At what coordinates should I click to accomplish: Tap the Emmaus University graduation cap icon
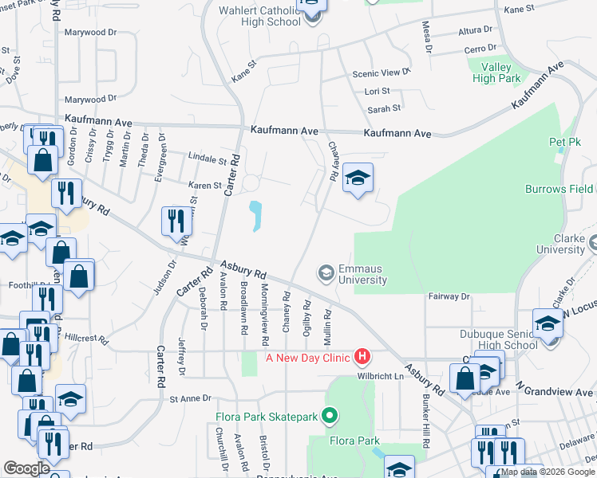(x=326, y=273)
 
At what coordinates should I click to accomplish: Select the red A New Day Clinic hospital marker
(x=363, y=356)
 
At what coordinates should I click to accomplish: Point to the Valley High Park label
(x=496, y=72)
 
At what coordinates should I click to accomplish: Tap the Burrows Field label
(x=559, y=189)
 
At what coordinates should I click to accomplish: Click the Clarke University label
(x=561, y=244)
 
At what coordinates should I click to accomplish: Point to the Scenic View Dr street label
(x=382, y=72)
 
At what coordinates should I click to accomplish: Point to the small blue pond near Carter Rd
(x=255, y=215)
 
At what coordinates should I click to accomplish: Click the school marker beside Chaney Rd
(x=358, y=180)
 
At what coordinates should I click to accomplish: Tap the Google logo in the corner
(x=26, y=468)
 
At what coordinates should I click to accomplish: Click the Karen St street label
(x=204, y=186)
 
